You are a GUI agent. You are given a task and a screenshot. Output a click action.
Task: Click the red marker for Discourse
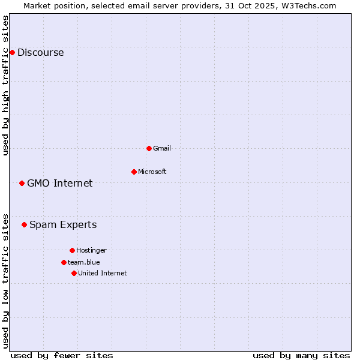(x=12, y=52)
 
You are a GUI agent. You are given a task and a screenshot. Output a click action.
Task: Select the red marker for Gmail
(x=149, y=148)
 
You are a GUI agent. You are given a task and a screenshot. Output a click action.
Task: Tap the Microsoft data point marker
(x=134, y=172)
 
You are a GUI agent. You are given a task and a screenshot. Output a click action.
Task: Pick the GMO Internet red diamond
(x=22, y=183)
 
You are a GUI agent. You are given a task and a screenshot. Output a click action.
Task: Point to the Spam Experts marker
(x=24, y=224)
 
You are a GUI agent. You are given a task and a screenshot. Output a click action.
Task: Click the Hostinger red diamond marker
(x=72, y=250)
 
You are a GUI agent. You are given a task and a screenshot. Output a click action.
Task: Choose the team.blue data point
(x=64, y=262)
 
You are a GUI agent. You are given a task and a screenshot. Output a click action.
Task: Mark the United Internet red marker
(x=74, y=273)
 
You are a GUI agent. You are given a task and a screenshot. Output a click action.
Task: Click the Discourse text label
(x=40, y=52)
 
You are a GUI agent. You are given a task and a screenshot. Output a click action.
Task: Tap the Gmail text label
(x=162, y=148)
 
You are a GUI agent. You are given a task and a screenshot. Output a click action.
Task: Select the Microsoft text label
(x=152, y=172)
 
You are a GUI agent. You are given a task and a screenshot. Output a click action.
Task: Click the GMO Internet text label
(x=60, y=183)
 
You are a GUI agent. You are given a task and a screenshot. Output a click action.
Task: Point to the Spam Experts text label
(x=63, y=224)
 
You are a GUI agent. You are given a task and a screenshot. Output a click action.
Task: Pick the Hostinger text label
(x=91, y=250)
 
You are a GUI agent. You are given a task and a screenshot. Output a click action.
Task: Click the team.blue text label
(x=84, y=262)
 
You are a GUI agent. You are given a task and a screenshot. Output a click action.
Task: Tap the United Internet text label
(x=103, y=273)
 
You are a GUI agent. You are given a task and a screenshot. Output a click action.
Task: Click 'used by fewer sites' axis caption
(x=62, y=355)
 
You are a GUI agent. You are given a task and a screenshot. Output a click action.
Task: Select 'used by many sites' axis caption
(x=301, y=355)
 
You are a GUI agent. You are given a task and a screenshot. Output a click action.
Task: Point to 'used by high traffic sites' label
(x=6, y=85)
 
